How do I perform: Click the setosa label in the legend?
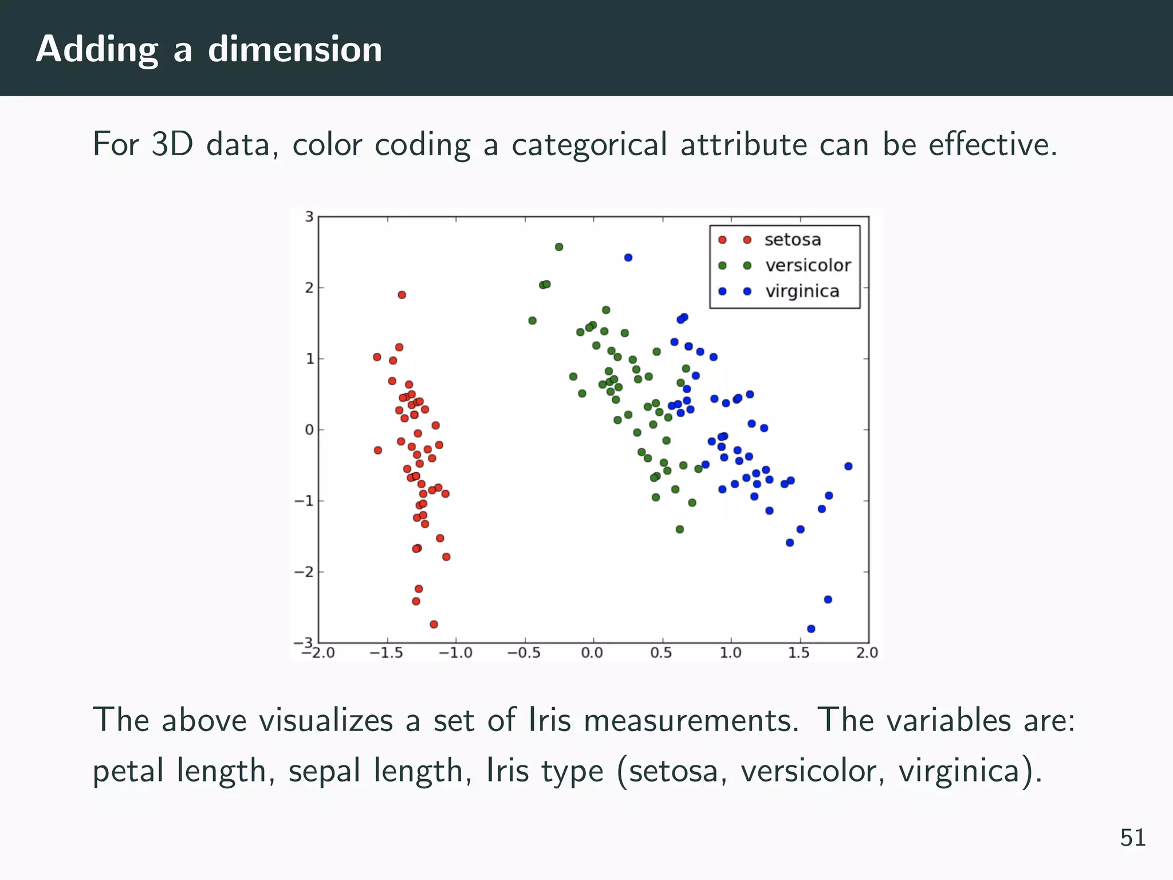click(792, 239)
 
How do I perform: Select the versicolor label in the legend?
click(808, 265)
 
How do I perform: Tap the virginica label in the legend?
click(802, 291)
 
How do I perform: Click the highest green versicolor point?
click(559, 247)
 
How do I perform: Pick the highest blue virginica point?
click(628, 258)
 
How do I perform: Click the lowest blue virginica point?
click(811, 628)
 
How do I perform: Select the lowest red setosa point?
click(434, 624)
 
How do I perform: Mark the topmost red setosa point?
click(402, 295)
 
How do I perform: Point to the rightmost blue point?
click(848, 466)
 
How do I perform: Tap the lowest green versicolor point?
click(680, 529)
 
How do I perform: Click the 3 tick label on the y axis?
click(309, 217)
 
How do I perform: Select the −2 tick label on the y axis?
click(305, 572)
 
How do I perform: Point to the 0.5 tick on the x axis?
click(662, 653)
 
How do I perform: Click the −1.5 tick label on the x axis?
click(386, 653)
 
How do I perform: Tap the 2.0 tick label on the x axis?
click(867, 653)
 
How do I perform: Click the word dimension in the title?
click(294, 49)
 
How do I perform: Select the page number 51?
click(1132, 838)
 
